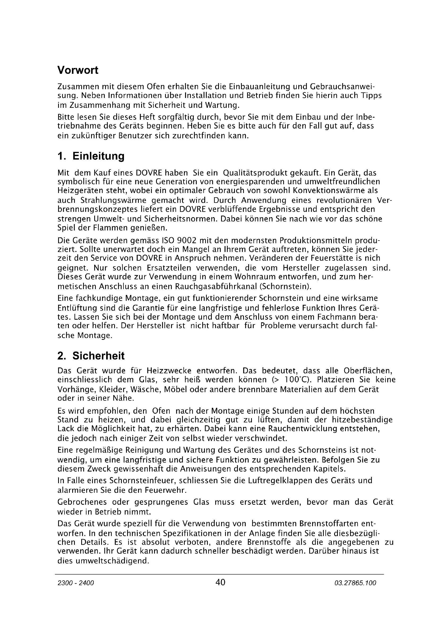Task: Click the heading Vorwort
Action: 78,70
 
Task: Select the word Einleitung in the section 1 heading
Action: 98,156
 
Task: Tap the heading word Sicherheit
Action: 98,356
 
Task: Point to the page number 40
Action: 220,582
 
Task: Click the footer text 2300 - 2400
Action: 76,583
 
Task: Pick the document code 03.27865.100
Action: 355,583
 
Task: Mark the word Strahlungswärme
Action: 113,200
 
